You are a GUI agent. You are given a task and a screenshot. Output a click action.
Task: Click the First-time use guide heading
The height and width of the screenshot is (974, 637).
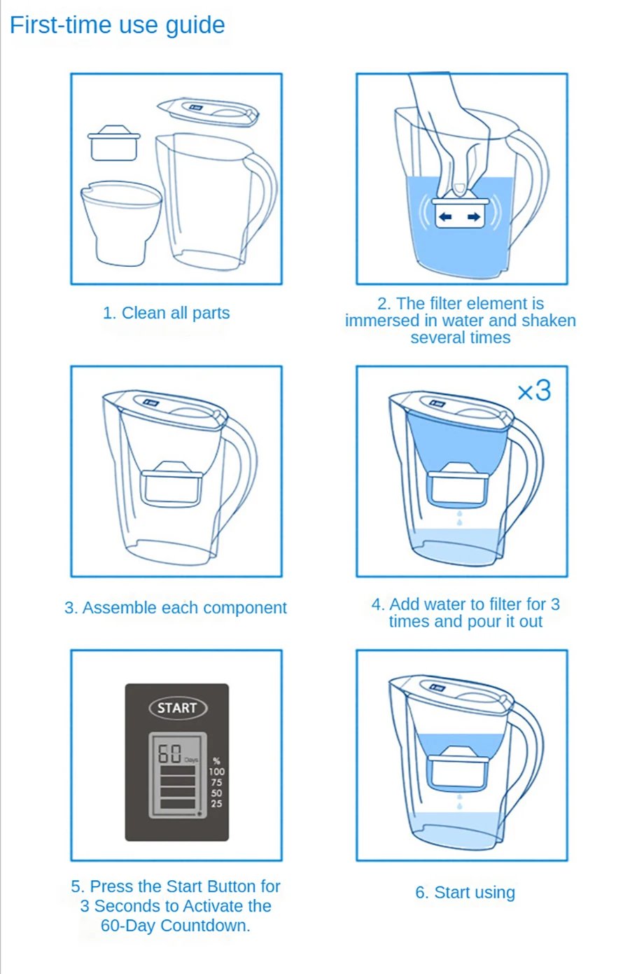pos(117,25)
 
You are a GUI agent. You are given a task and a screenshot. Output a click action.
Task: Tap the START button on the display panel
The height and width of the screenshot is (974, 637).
pos(177,708)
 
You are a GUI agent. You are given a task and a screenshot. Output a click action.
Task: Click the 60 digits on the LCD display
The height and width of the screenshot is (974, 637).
pos(169,754)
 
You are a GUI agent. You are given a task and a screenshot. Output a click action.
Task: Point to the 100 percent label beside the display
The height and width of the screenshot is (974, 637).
pos(216,772)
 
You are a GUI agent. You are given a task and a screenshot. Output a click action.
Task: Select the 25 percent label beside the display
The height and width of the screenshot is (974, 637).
pos(216,803)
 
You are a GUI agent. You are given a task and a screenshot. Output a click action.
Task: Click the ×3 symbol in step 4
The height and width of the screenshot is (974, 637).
pos(534,391)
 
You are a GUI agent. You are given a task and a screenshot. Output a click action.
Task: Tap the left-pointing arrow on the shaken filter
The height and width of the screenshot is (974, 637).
pos(444,217)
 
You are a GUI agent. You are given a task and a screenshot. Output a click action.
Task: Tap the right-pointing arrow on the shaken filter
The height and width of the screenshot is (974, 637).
pos(474,217)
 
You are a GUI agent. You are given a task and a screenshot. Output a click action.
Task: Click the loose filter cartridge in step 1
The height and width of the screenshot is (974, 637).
pos(113,143)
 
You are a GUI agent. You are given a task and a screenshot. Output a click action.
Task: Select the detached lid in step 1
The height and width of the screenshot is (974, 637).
pos(209,112)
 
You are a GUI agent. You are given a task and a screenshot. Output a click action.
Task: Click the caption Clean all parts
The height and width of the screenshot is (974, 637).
pos(166,313)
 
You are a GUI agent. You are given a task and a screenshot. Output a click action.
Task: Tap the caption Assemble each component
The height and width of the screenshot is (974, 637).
pos(175,608)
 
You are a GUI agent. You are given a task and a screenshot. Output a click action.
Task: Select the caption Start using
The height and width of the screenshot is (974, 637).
pos(465,893)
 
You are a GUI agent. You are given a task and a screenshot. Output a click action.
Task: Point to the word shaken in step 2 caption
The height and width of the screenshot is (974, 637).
pos(547,321)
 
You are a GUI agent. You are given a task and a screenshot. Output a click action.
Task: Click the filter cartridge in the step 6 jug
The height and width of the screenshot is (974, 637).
pos(459,769)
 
